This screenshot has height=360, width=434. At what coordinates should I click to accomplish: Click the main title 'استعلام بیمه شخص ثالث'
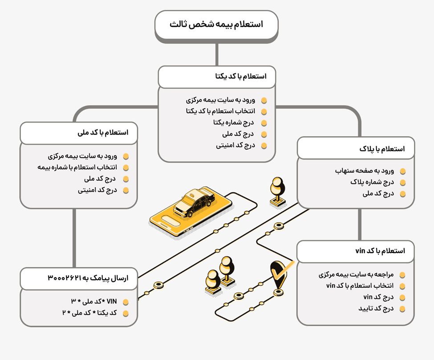point(216,24)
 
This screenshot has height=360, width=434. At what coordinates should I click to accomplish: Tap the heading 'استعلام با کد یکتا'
point(241,77)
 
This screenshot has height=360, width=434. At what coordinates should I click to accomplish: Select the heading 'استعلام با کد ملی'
point(102,133)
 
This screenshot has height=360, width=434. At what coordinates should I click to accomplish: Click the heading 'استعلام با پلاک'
point(381,149)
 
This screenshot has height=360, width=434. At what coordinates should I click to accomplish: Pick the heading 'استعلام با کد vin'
point(380,251)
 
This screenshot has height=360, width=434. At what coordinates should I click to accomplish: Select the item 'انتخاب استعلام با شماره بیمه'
point(77,168)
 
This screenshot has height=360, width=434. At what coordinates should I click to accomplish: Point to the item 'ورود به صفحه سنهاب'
point(364,171)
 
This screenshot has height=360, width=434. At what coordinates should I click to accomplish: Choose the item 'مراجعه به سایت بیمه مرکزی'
point(356,274)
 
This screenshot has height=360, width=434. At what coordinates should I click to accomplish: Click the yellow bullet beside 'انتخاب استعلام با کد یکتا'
point(264,111)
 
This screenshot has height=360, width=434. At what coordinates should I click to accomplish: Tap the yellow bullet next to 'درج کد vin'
point(402,298)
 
